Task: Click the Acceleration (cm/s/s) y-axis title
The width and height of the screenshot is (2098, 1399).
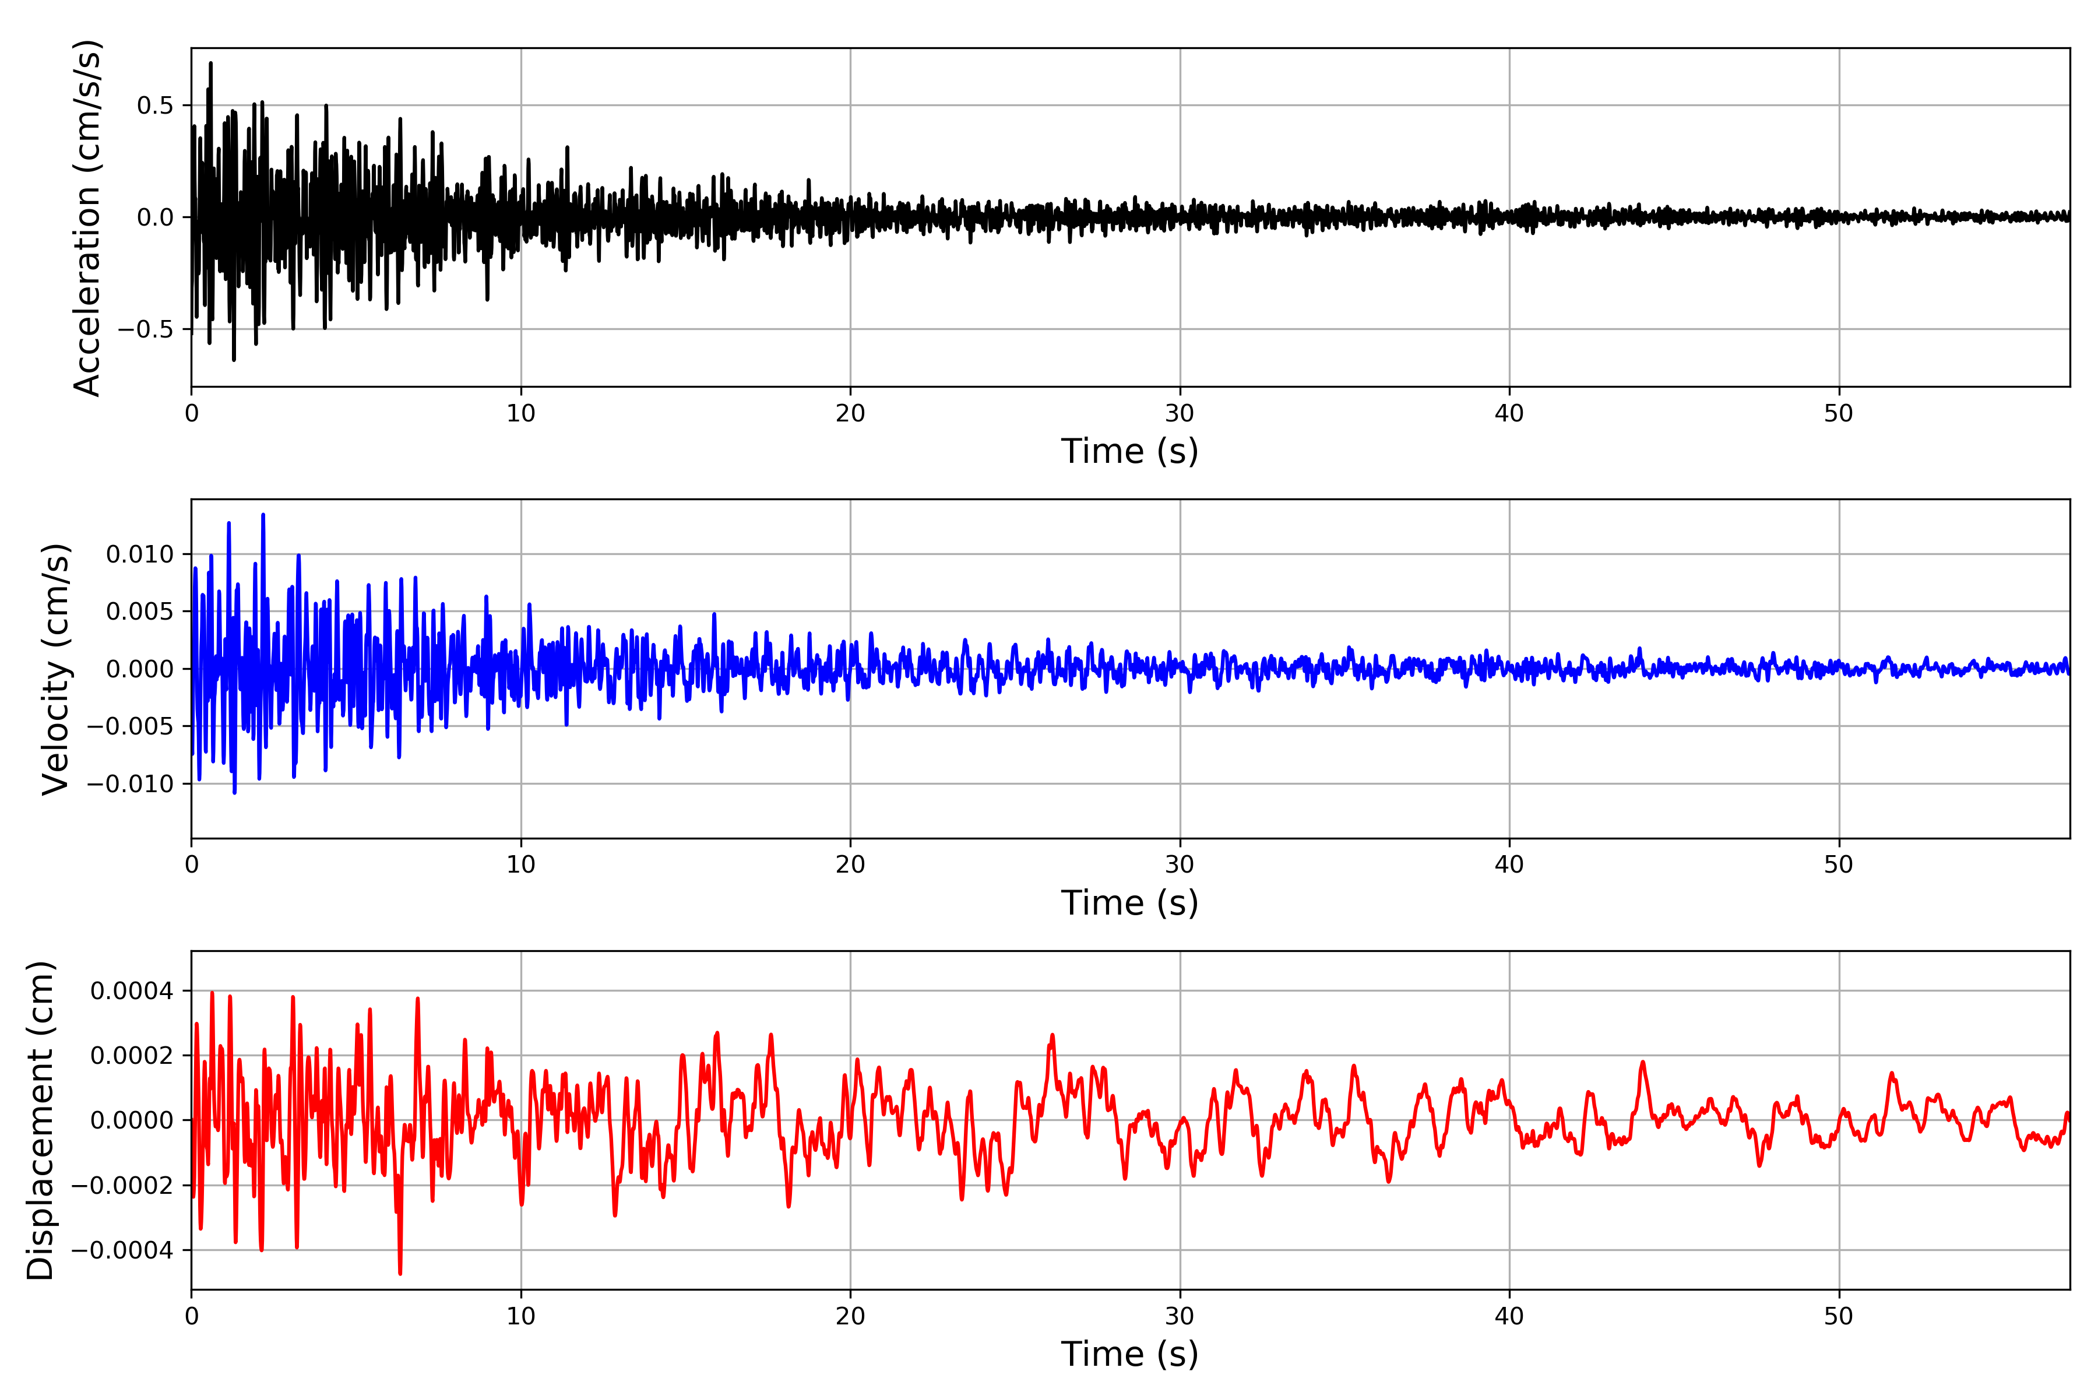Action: (x=87, y=217)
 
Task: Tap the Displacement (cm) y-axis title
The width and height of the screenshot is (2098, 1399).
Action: (x=41, y=1120)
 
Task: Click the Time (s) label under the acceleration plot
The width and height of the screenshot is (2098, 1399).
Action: (x=1129, y=451)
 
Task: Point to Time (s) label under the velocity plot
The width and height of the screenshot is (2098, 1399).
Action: (x=1129, y=903)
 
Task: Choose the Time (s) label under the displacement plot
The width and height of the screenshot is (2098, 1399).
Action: (x=1129, y=1354)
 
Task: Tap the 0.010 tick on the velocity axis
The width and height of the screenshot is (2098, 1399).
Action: (x=140, y=554)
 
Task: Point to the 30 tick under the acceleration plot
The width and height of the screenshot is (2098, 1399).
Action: (x=1179, y=413)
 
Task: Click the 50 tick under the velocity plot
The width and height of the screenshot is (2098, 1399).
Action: (x=1839, y=864)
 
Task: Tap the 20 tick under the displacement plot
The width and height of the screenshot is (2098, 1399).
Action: (x=850, y=1316)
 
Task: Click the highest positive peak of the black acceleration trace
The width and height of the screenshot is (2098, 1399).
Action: (x=210, y=62)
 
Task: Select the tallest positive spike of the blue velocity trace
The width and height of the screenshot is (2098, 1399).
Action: (x=263, y=515)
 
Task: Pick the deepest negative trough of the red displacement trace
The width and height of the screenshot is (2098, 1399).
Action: (x=400, y=1273)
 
